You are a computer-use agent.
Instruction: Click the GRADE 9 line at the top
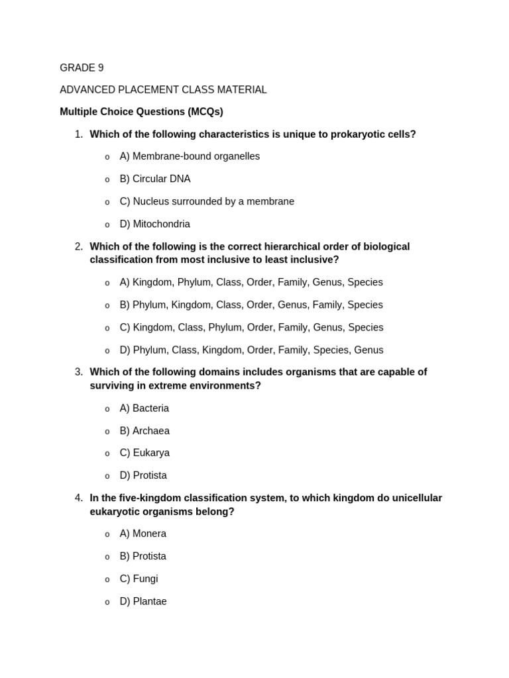coord(82,68)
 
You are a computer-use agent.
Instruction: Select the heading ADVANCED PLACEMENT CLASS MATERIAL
coord(163,89)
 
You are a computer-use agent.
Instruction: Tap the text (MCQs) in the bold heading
coord(205,112)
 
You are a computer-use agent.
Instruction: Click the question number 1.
coord(78,134)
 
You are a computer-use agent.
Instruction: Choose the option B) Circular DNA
coord(154,179)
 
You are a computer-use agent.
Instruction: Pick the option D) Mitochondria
coord(154,224)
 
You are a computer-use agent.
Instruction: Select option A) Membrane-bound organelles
coord(190,156)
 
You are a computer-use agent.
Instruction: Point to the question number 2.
coord(78,246)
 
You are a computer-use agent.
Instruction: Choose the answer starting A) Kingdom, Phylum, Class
coord(251,282)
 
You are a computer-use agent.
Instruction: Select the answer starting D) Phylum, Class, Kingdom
coord(251,350)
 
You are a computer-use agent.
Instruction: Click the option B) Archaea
coord(144,431)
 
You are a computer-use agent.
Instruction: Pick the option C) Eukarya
coord(144,453)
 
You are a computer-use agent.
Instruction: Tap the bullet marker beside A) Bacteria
coord(107,409)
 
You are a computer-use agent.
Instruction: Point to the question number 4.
coord(78,498)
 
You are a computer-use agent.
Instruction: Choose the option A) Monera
coord(142,534)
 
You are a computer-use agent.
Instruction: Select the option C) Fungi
coord(139,579)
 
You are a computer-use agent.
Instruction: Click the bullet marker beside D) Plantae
coord(107,602)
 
